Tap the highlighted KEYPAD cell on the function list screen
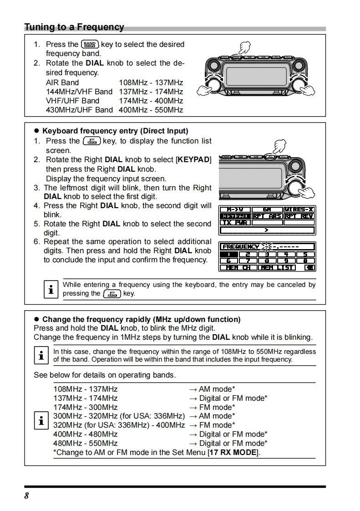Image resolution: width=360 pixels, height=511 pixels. point(235,216)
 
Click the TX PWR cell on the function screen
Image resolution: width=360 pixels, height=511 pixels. point(235,223)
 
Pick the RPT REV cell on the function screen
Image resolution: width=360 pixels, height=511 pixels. point(299,216)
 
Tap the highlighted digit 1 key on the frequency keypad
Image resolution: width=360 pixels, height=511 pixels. point(232,255)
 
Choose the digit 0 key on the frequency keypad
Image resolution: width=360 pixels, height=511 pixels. point(305,261)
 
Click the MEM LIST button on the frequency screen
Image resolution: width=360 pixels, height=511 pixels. point(277,267)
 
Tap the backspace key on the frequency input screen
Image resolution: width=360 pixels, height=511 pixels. point(309,267)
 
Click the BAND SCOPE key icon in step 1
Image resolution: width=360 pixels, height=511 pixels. point(90,45)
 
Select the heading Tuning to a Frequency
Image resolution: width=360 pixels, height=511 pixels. point(74,27)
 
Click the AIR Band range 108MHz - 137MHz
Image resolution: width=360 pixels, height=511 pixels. point(151,82)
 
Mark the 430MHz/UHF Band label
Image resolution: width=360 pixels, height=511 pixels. point(79,110)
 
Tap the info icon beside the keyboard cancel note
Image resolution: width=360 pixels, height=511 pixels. point(51,289)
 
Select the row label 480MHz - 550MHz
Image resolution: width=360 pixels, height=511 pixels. point(85,443)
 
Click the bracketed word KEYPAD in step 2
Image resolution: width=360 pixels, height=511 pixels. point(193,160)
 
